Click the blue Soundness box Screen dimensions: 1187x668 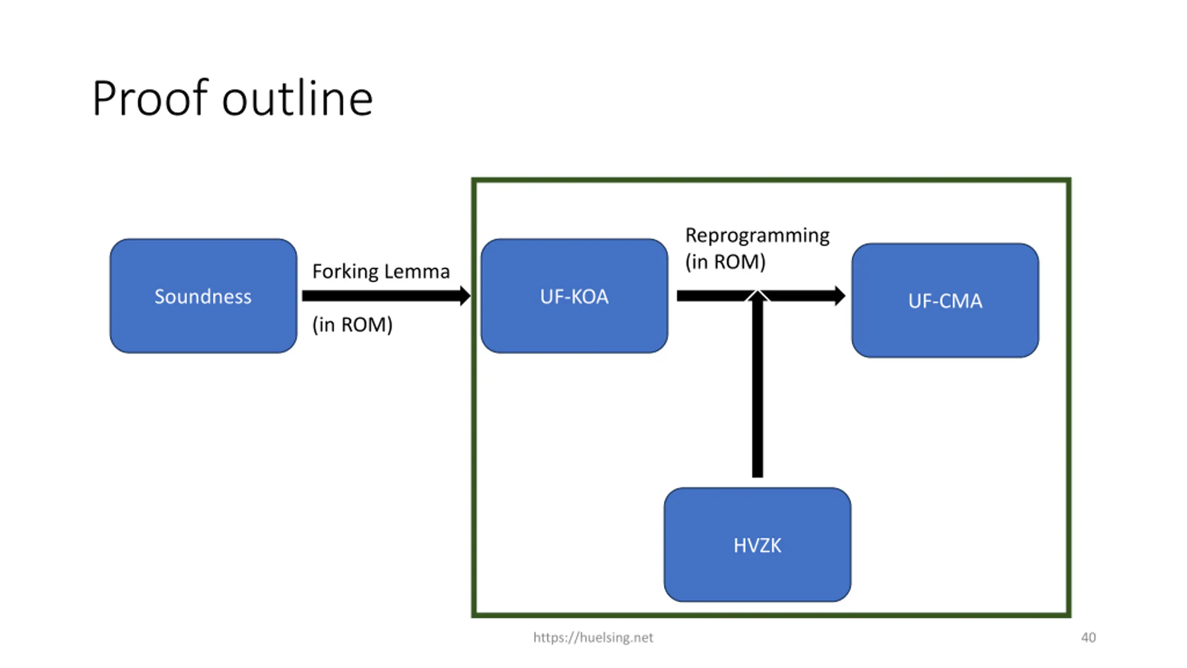[203, 296]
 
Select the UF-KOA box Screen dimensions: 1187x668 [574, 296]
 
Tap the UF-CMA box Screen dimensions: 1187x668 [945, 301]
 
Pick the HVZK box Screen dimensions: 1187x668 [757, 545]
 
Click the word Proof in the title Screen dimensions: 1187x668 [150, 99]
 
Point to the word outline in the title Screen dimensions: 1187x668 [297, 98]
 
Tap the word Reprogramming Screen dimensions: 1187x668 [757, 236]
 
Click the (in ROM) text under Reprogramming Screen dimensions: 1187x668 [725, 262]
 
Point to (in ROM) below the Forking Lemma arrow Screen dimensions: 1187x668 [352, 325]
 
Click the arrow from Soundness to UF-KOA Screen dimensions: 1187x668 [386, 296]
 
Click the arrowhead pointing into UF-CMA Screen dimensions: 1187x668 [839, 296]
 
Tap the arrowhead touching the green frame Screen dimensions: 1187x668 [466, 296]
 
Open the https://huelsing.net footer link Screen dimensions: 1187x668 [593, 637]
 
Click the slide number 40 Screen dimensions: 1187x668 [1088, 637]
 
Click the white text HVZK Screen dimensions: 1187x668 [757, 546]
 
